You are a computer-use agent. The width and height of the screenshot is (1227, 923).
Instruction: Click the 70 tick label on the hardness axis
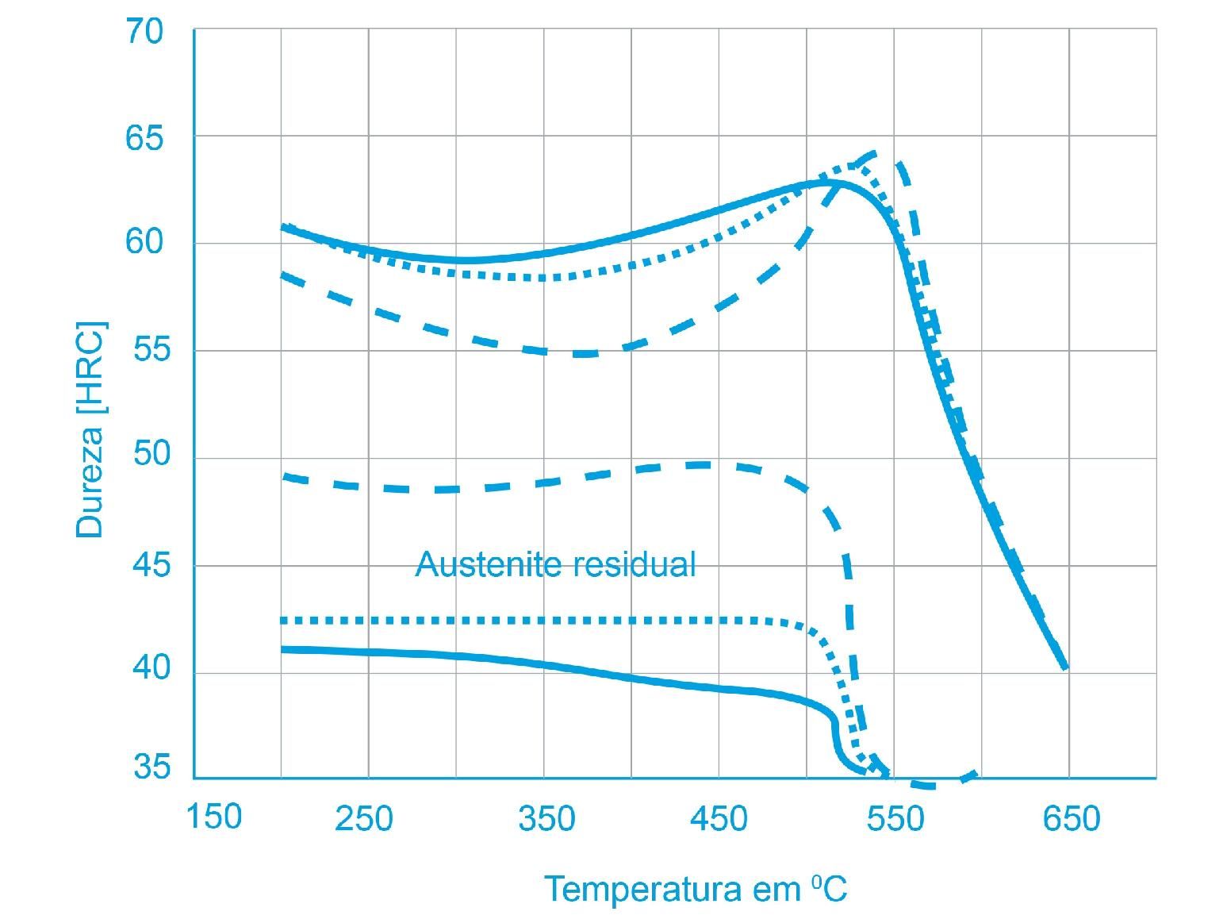[x=144, y=33]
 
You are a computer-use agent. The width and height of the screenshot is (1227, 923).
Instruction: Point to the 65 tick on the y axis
[x=144, y=139]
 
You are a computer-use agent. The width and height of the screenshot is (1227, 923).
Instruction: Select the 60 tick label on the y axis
[x=144, y=241]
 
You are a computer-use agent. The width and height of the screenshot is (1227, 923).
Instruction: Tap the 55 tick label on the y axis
[x=151, y=350]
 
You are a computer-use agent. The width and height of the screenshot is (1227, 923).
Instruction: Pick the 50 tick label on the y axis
[x=151, y=455]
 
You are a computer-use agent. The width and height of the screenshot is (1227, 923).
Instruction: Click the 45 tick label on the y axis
[x=151, y=565]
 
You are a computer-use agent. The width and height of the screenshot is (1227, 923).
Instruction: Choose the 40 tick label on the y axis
[x=151, y=669]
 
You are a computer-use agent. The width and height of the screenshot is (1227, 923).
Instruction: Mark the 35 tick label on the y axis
[x=151, y=768]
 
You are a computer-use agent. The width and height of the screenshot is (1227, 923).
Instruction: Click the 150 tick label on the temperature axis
[x=213, y=817]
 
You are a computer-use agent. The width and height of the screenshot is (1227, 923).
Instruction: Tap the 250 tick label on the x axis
[x=363, y=819]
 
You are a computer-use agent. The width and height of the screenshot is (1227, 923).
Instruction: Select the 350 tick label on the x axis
[x=546, y=819]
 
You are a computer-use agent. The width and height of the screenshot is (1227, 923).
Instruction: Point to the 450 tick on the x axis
[x=719, y=819]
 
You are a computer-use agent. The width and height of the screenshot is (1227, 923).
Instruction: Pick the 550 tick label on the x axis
[x=895, y=819]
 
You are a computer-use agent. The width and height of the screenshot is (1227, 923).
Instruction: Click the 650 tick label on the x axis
[x=1072, y=819]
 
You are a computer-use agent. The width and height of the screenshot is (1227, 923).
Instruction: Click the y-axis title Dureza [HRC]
[x=90, y=429]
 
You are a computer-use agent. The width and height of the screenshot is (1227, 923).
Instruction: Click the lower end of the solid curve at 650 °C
[x=1066, y=667]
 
